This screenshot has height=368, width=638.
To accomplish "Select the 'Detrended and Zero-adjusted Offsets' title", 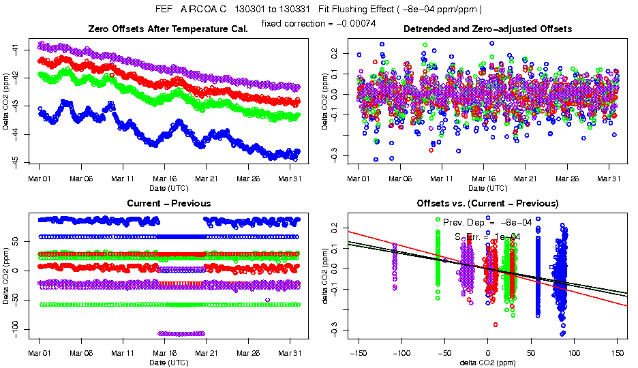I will [x=487, y=29].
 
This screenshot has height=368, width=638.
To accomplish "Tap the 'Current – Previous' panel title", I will [x=168, y=203].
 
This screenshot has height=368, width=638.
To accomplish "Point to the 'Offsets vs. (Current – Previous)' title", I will [x=487, y=203].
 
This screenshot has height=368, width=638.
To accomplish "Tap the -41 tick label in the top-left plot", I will [x=14, y=50].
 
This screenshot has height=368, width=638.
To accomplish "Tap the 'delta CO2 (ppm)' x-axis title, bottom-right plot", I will [x=487, y=362].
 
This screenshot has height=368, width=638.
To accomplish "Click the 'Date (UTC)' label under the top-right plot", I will [x=487, y=187].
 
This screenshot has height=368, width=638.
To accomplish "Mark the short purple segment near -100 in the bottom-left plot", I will [x=181, y=333].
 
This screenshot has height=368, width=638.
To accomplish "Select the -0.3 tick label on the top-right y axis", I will [x=333, y=156].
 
